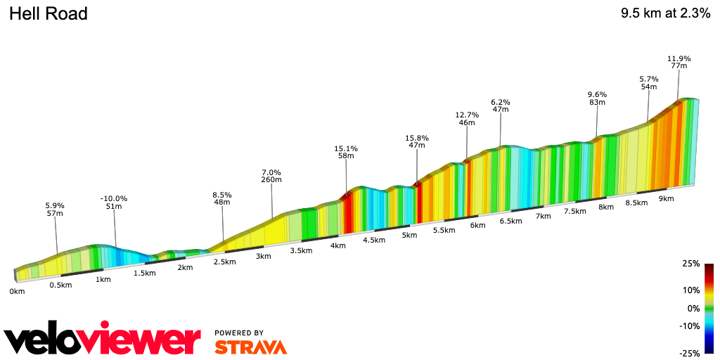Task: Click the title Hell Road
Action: pyautogui.click(x=48, y=14)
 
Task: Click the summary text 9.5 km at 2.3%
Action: pyautogui.click(x=665, y=14)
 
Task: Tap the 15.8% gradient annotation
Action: pyautogui.click(x=417, y=141)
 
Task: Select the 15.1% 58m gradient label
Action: pyautogui.click(x=346, y=152)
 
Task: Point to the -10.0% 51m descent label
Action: pyautogui.click(x=114, y=202)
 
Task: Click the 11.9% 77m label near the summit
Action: pyautogui.click(x=679, y=62)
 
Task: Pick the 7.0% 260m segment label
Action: pyautogui.click(x=271, y=176)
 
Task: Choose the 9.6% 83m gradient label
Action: pyautogui.click(x=597, y=98)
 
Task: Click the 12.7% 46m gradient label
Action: pyautogui.click(x=467, y=118)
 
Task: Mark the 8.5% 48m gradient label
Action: pyautogui.click(x=222, y=198)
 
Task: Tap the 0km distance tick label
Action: pyautogui.click(x=17, y=291)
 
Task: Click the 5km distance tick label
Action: pyautogui.click(x=410, y=235)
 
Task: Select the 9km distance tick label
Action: pyautogui.click(x=666, y=198)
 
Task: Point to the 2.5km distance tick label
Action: pyautogui.click(x=224, y=262)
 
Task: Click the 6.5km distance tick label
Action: pyautogui.click(x=510, y=221)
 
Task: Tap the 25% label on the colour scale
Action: pyautogui.click(x=691, y=264)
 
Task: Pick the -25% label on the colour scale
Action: pyautogui.click(x=690, y=353)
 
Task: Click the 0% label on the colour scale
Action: pyautogui.click(x=693, y=308)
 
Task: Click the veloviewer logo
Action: pyautogui.click(x=103, y=340)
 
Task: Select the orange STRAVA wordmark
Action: pyautogui.click(x=250, y=347)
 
